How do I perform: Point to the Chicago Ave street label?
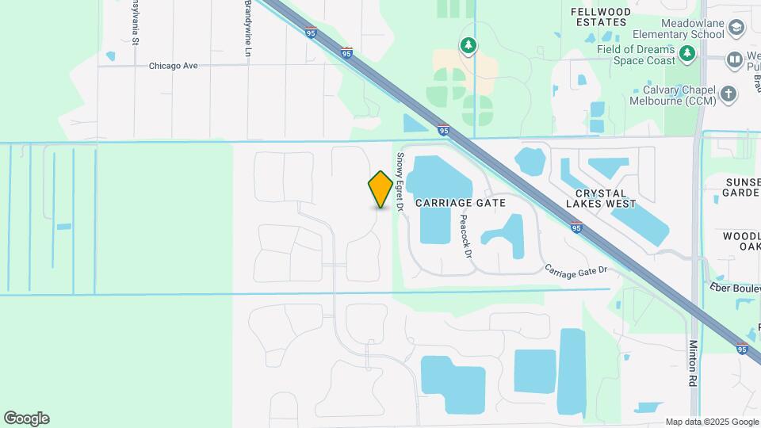tap(173, 66)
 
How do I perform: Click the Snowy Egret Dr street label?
tap(401, 182)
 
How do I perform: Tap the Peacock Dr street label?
tap(465, 238)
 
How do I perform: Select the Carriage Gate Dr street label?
tap(576, 270)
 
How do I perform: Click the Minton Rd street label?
tap(693, 363)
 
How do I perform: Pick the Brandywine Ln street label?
tap(248, 28)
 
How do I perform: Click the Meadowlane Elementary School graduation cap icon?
tap(737, 29)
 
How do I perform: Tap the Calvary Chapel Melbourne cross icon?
tap(728, 94)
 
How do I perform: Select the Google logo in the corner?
tap(26, 418)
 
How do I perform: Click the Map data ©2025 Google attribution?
tap(711, 422)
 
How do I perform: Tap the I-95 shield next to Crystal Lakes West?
tap(576, 228)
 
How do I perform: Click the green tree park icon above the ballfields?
tap(469, 45)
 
